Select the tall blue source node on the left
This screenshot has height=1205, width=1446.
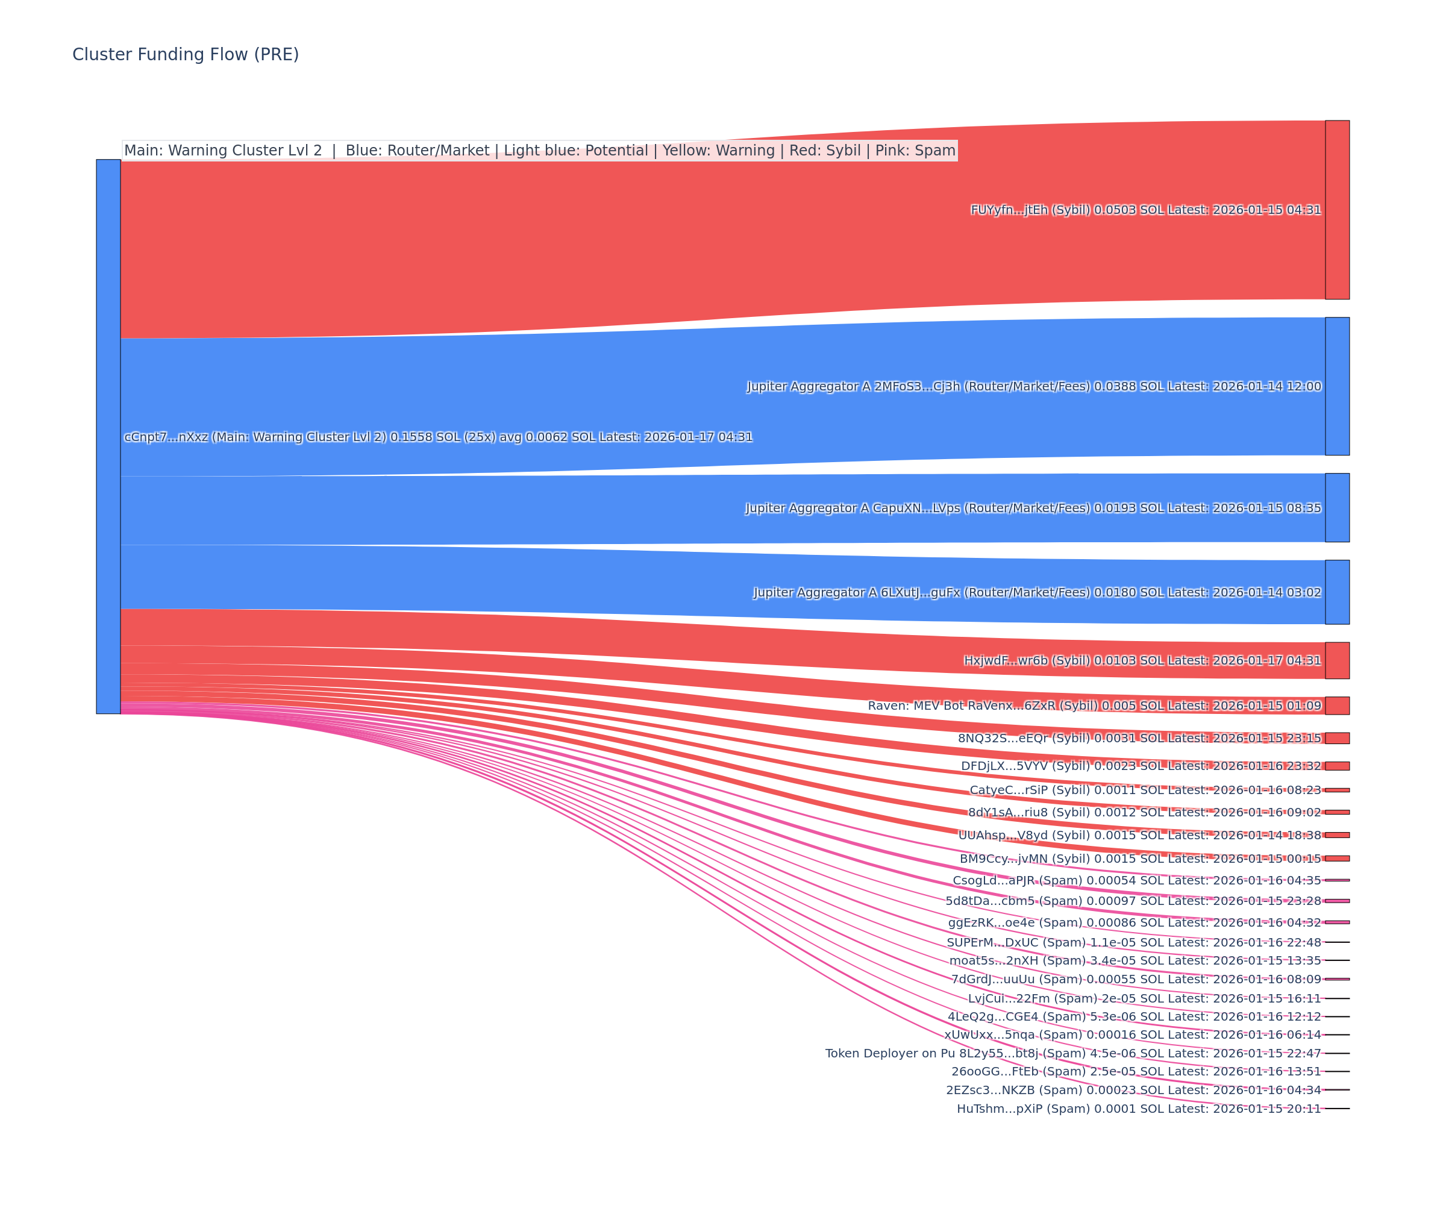click(x=108, y=437)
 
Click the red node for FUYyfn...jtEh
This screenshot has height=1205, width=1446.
click(x=1337, y=210)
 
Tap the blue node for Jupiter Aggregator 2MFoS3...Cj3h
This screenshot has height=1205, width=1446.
click(x=1337, y=386)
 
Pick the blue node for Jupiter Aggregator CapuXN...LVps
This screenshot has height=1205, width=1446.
click(x=1337, y=507)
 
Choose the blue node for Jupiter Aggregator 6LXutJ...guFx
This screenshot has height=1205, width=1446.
click(x=1337, y=592)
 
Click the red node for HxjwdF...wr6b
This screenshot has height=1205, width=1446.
click(x=1337, y=660)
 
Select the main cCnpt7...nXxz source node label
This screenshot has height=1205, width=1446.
click(x=438, y=437)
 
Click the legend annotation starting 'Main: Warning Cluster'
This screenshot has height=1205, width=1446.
click(x=539, y=150)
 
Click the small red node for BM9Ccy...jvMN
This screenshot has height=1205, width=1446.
click(x=1337, y=859)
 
